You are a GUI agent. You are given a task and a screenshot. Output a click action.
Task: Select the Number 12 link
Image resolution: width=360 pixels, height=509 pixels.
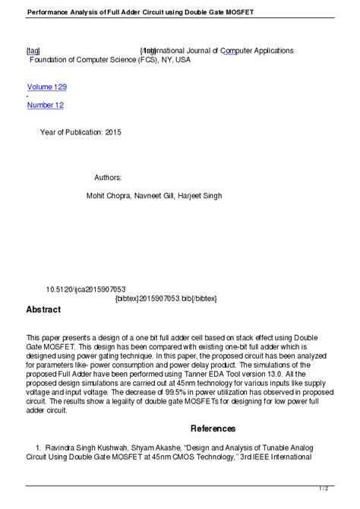(46, 105)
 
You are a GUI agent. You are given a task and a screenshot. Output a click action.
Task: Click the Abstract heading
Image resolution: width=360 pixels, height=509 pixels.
(43, 310)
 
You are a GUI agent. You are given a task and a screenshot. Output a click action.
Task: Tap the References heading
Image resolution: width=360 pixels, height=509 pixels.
(213, 428)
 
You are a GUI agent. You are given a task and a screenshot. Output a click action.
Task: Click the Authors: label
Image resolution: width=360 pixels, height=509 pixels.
(108, 177)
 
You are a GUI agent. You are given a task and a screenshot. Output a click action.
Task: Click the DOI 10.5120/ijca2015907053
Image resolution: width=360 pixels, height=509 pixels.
(86, 289)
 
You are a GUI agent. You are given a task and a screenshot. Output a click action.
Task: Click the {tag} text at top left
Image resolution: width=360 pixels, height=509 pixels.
(34, 51)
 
